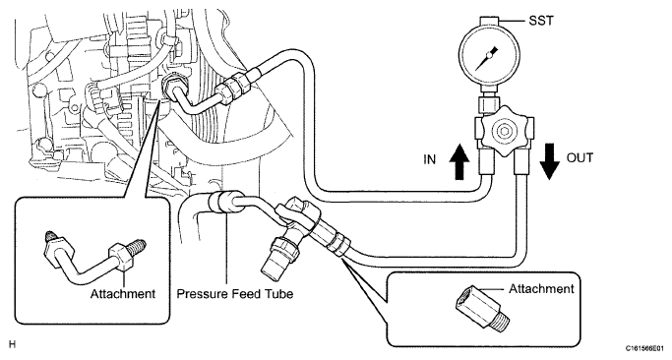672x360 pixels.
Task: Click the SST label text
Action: (x=541, y=20)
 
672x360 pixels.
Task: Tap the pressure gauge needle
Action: (x=488, y=57)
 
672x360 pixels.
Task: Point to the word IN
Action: (x=429, y=159)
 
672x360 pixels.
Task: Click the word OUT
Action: (x=580, y=157)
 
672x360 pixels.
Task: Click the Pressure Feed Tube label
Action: (x=235, y=294)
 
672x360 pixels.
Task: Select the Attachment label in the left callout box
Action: (x=123, y=294)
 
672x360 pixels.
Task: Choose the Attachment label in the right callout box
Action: (x=541, y=289)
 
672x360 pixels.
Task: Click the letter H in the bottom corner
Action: (x=12, y=344)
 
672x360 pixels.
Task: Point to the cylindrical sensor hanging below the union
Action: (x=278, y=256)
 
